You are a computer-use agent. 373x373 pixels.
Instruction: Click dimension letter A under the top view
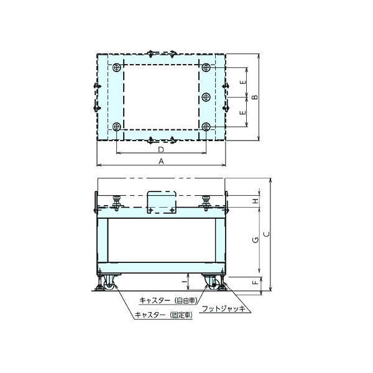click(161, 161)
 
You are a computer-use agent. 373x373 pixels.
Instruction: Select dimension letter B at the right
click(255, 97)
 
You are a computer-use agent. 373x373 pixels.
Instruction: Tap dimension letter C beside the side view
click(267, 234)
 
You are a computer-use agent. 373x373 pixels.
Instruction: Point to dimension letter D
click(161, 150)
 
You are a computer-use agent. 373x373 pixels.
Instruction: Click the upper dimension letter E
click(243, 82)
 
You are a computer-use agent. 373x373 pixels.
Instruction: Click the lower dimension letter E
click(243, 112)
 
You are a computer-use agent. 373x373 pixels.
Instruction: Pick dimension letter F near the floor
click(255, 282)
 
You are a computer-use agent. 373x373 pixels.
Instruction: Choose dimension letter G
click(255, 240)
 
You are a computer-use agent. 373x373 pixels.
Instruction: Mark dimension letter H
click(255, 201)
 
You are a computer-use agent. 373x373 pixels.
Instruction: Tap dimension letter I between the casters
click(183, 282)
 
